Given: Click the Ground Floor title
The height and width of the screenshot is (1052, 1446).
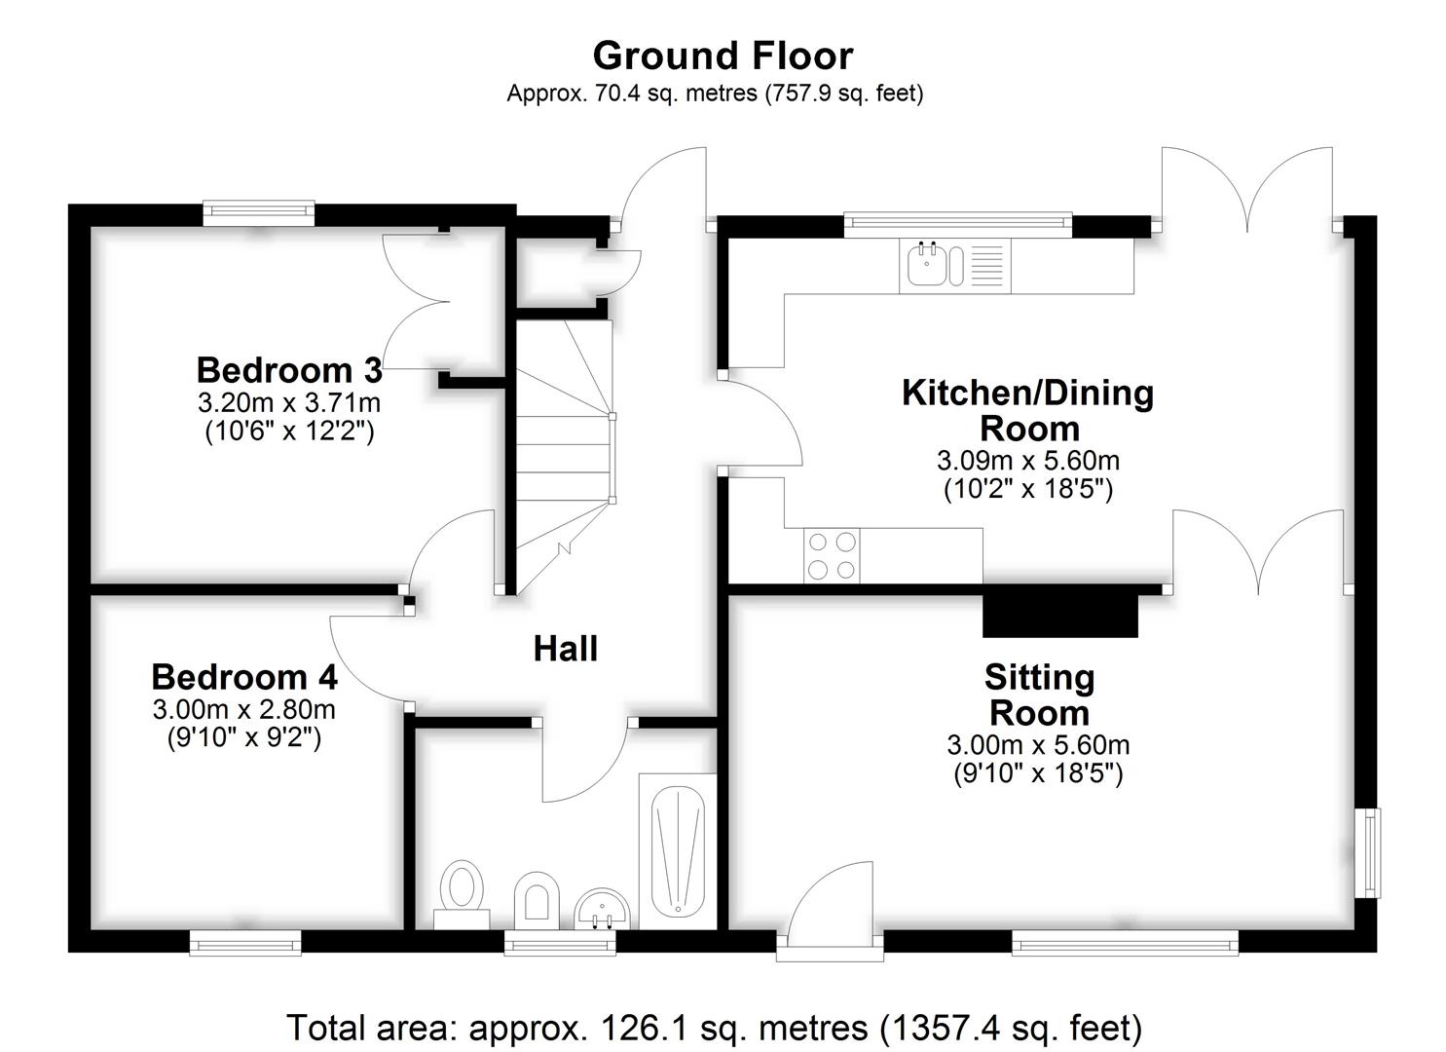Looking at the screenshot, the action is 723,56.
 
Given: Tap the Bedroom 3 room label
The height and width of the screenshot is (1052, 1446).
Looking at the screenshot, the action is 289,370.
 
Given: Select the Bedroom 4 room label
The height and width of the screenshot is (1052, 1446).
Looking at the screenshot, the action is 244,677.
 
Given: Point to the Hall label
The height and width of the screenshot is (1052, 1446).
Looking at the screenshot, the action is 566,649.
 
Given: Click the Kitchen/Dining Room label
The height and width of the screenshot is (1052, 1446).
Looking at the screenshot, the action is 1027,411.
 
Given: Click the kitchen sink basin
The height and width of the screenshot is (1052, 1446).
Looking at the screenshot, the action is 927,263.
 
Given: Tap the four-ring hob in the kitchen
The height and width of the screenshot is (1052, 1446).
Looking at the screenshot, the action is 832,556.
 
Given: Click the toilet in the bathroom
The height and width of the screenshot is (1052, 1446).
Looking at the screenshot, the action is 462,894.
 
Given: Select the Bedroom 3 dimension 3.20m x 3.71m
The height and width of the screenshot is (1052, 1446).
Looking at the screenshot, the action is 289,403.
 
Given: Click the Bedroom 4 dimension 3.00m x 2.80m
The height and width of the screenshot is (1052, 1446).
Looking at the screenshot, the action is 244,710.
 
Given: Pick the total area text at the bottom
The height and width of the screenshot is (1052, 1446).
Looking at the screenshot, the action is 714,1028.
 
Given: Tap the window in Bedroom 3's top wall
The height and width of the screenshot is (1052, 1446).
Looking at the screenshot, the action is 259,213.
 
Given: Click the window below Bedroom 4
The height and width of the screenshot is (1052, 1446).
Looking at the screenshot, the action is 245,942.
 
